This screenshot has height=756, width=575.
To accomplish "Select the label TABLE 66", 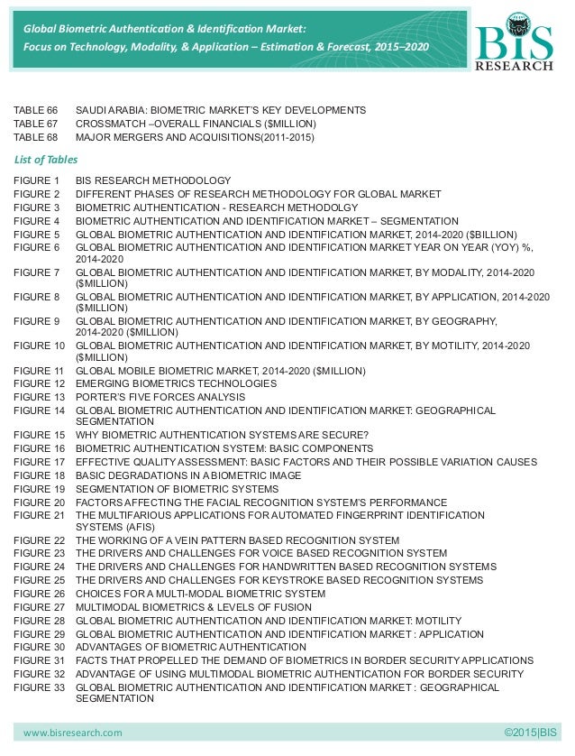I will [35, 110].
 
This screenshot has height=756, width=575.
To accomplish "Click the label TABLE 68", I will [35, 137].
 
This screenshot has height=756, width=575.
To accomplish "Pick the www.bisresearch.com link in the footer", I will [72, 732].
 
